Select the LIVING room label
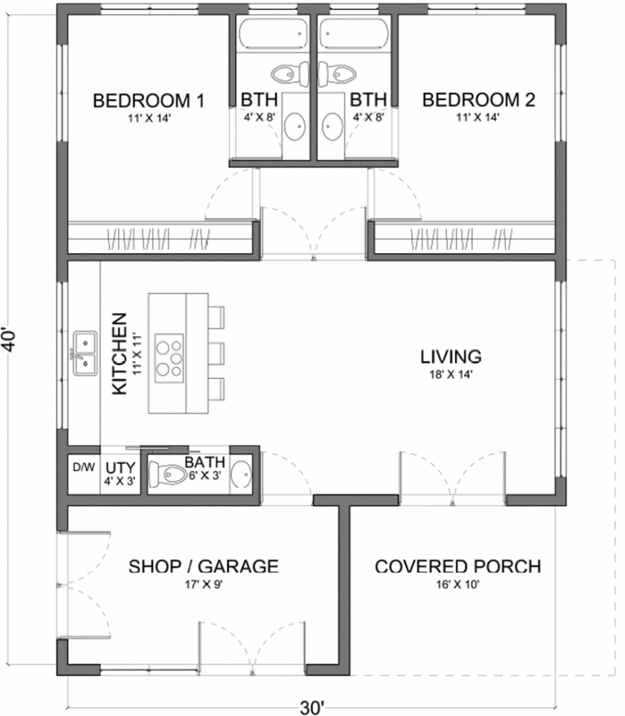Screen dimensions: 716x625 (x=451, y=356)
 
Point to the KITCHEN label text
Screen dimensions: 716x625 (x=119, y=354)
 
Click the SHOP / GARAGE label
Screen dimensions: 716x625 (x=203, y=566)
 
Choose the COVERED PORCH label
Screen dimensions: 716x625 (x=457, y=566)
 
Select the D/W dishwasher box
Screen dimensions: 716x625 (x=83, y=469)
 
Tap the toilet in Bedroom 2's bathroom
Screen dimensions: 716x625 (x=338, y=73)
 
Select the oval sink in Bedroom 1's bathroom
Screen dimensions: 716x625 (x=296, y=126)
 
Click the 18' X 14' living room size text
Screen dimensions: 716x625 (x=451, y=374)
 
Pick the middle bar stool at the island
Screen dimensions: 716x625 (x=215, y=354)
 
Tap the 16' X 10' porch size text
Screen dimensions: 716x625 (x=457, y=583)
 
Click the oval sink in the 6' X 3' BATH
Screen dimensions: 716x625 (x=242, y=474)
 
